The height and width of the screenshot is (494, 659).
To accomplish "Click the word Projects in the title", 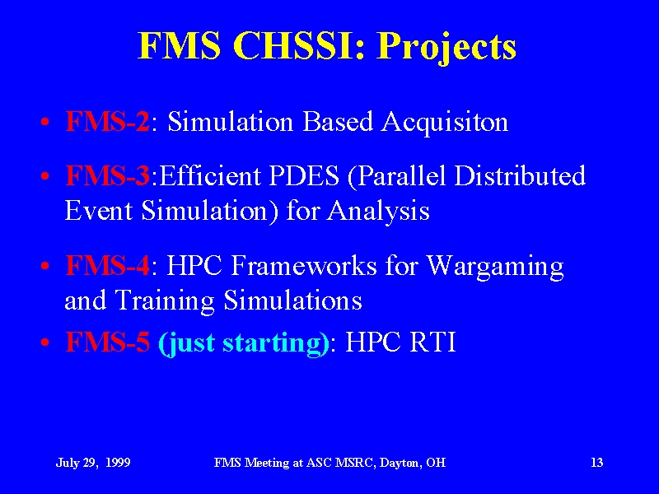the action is click(446, 47).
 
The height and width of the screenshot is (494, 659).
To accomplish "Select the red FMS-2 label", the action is click(108, 121).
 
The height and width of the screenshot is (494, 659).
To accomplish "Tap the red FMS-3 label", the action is click(108, 175).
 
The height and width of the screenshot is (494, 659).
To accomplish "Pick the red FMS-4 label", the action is click(108, 265).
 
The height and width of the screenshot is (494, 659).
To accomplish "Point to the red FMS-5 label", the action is click(108, 342).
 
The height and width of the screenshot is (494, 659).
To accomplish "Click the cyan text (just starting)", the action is click(244, 343).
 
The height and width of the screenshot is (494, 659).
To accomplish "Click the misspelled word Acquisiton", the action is click(445, 123).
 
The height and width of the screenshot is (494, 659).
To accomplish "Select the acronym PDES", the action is click(303, 175).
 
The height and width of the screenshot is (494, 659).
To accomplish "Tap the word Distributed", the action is click(520, 175).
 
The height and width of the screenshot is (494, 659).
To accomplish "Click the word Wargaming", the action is click(495, 268).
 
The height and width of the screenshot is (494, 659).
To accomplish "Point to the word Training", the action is click(164, 301).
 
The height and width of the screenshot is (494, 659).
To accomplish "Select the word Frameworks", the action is click(303, 265).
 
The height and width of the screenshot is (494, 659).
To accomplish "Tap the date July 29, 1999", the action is click(93, 463).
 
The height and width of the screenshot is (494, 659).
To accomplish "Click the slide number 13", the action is click(596, 463).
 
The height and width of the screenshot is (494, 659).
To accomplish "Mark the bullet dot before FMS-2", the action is click(45, 123).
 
